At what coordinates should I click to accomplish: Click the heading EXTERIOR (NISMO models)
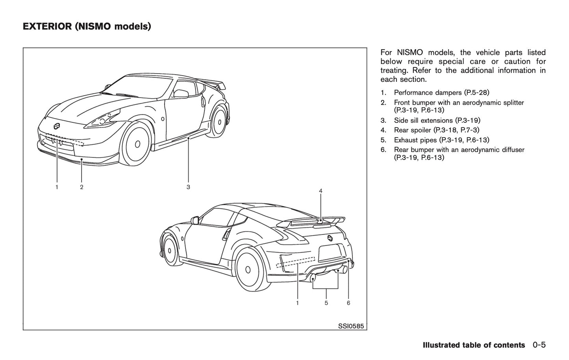point(87,27)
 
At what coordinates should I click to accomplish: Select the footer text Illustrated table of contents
point(473,345)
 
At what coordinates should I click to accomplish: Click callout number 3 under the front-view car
point(188,187)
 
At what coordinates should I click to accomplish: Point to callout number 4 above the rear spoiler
point(321,191)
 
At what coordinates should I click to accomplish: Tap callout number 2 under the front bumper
point(82,187)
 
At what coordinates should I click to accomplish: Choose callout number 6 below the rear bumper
point(348,303)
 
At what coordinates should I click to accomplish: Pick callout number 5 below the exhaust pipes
point(326,303)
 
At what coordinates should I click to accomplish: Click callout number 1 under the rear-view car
point(297,303)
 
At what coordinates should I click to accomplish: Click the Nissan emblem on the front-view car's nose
point(57,126)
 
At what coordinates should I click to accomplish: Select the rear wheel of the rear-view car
point(248,270)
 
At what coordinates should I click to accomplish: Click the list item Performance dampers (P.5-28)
point(441,93)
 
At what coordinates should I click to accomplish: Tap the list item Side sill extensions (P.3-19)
point(437,120)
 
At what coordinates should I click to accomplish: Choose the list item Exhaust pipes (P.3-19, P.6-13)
point(441,140)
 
